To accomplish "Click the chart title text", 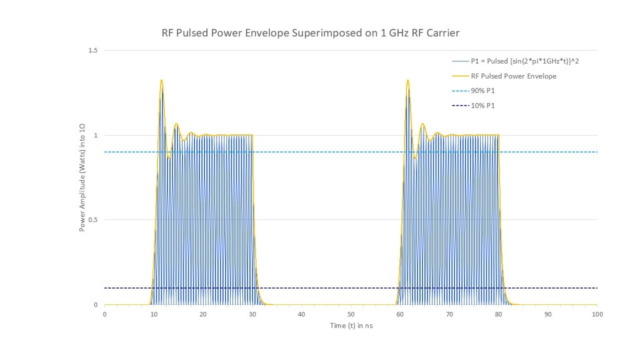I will pos(310,33).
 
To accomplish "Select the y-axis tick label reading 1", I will pos(96,135).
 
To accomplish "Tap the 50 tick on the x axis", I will pos(351,314).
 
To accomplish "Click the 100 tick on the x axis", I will pos(597,314).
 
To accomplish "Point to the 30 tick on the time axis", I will pos(252,314).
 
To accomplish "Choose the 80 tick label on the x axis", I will pos(499,314).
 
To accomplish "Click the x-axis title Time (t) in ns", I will pos(351,326).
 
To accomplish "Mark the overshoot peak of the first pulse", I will pos(161,81).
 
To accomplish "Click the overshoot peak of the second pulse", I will pos(407,81).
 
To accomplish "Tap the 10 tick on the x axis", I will pos(154,314).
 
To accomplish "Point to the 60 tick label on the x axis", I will pos(401,314).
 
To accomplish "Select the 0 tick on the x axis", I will pos(104,314).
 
